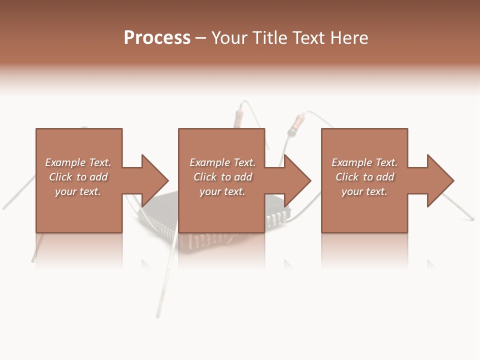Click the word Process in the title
tap(157, 38)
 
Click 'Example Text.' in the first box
tap(78, 162)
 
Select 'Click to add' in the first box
tap(78, 177)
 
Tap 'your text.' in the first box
tap(78, 191)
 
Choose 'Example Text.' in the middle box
tap(222, 162)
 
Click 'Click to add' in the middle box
tap(222, 177)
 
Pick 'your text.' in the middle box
tap(222, 191)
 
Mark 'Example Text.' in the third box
tap(364, 162)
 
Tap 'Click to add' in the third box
tap(364, 177)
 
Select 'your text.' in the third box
tap(364, 191)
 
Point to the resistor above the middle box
tap(238, 119)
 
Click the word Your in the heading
tap(230, 38)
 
